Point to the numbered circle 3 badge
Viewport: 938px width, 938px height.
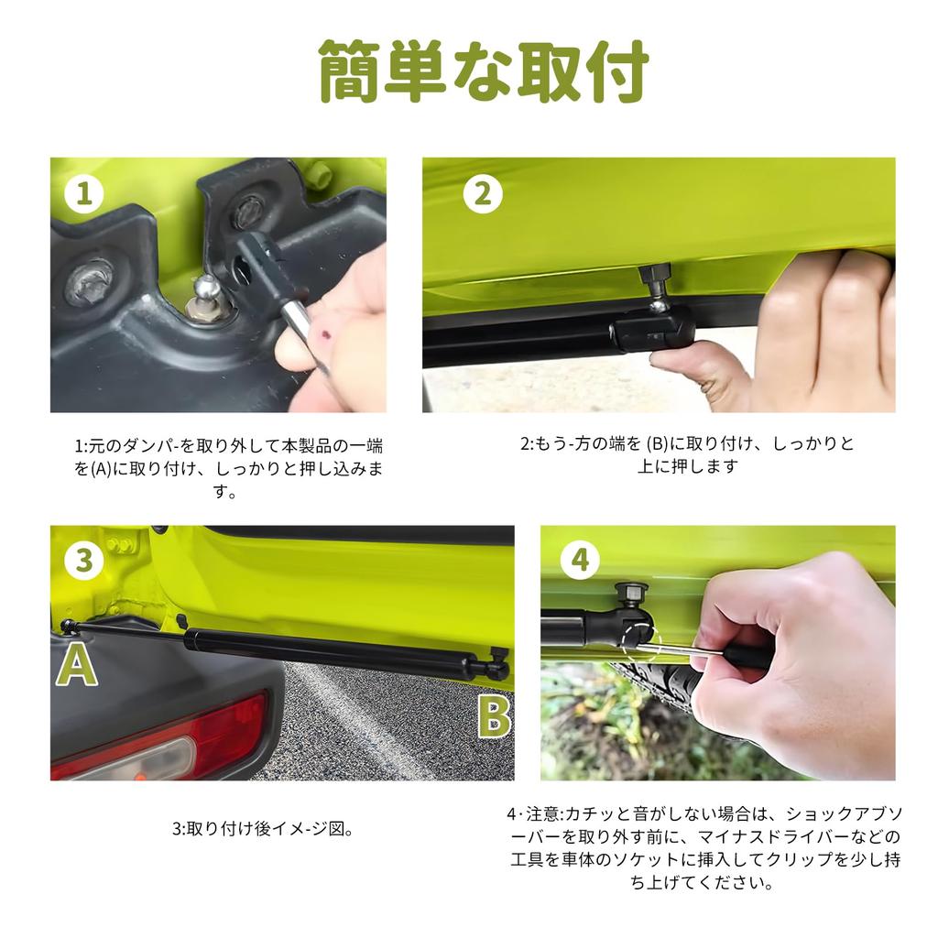click(x=83, y=560)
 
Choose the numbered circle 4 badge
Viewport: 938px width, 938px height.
click(x=579, y=560)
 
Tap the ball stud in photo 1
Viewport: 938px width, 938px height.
click(x=207, y=291)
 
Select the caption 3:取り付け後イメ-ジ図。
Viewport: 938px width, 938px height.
click(x=263, y=830)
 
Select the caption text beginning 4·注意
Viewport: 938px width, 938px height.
click(x=703, y=848)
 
